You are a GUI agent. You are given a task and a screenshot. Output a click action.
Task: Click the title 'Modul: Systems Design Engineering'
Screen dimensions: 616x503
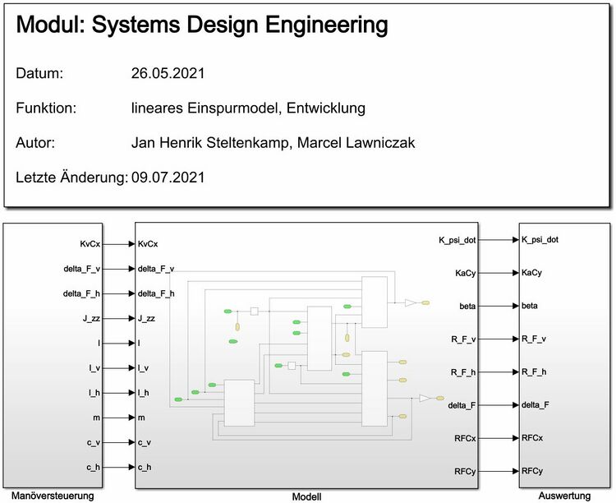click(x=202, y=25)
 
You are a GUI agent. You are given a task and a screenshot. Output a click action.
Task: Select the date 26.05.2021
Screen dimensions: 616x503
click(x=168, y=73)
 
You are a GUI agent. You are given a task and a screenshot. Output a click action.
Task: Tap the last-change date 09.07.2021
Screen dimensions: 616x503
click(x=168, y=178)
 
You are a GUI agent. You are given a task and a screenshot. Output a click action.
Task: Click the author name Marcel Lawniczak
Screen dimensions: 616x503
click(x=356, y=143)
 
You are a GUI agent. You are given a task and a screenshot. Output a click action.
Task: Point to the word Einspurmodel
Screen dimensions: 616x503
click(x=232, y=108)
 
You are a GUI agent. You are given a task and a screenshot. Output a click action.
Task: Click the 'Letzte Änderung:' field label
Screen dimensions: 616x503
click(x=72, y=178)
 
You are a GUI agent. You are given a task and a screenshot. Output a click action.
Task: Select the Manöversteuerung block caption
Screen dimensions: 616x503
click(x=53, y=496)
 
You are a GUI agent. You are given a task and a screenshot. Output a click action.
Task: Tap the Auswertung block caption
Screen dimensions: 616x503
click(x=564, y=496)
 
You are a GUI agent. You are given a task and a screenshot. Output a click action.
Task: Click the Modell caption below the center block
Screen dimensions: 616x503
click(x=307, y=496)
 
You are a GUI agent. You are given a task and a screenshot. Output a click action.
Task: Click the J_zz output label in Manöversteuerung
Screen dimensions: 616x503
click(x=91, y=319)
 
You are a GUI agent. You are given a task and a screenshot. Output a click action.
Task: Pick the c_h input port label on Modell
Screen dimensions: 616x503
click(x=145, y=468)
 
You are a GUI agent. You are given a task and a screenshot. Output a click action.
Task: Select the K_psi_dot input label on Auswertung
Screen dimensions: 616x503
click(x=540, y=240)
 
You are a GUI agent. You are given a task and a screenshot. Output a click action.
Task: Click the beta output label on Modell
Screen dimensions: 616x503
click(x=467, y=307)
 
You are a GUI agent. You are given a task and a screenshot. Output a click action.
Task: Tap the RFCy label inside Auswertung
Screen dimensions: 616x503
click(x=532, y=471)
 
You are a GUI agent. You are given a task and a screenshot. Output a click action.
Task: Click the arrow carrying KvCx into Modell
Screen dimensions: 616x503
click(x=118, y=244)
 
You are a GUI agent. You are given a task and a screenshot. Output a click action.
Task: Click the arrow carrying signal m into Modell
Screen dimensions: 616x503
click(x=118, y=418)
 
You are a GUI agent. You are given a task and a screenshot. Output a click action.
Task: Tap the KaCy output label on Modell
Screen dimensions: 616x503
click(x=466, y=274)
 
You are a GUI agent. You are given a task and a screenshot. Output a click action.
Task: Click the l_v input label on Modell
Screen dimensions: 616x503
click(x=144, y=368)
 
